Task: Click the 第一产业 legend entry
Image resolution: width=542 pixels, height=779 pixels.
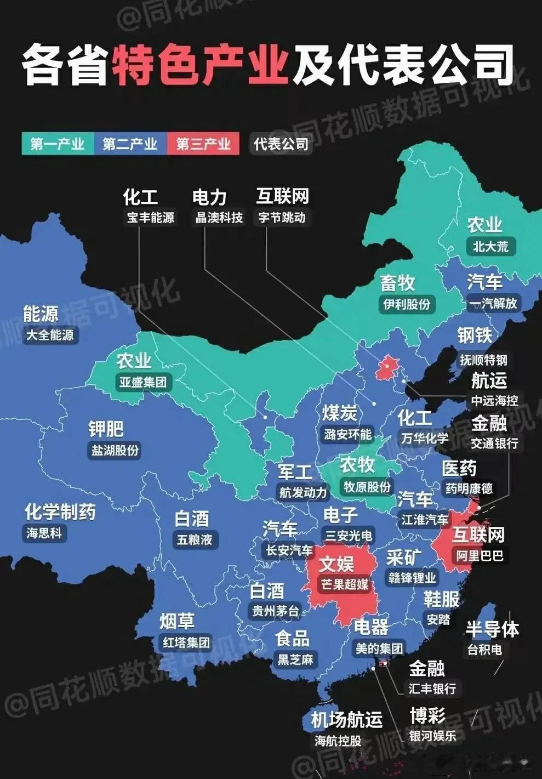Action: [58, 144]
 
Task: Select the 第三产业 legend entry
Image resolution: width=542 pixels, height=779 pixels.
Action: [203, 144]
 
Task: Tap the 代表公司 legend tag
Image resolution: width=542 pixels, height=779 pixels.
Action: [281, 144]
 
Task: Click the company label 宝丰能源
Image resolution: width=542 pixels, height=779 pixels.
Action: [151, 218]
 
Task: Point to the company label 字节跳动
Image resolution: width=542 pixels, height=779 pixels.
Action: [282, 218]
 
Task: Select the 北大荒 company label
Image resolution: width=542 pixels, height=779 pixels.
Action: [490, 246]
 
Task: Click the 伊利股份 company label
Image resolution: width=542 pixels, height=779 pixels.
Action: [407, 304]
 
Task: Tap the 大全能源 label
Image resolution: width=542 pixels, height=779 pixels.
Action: [50, 334]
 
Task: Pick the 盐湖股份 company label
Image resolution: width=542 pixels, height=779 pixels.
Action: [115, 450]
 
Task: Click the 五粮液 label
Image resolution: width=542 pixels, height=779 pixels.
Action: [195, 539]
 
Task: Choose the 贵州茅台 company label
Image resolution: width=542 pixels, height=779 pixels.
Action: [276, 611]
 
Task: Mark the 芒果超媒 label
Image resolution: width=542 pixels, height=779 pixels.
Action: [345, 584]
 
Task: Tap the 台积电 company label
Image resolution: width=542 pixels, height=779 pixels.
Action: [484, 650]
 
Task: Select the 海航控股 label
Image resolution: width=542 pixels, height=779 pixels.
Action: [338, 741]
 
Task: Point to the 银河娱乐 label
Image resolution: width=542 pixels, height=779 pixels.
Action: [433, 736]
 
